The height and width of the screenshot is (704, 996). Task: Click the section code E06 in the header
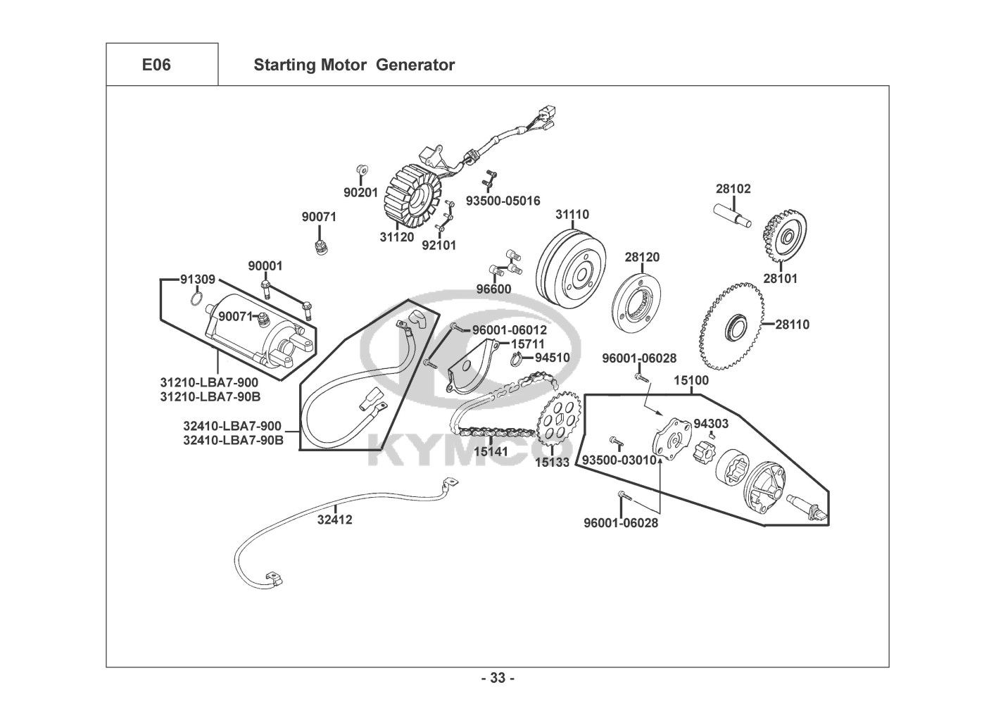click(156, 65)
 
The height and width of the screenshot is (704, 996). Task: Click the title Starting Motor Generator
click(353, 65)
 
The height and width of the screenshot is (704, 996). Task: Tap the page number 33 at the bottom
click(497, 679)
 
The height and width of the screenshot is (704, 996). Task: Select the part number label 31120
click(397, 237)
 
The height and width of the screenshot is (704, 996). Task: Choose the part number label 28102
click(733, 189)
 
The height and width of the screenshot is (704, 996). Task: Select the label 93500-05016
click(503, 201)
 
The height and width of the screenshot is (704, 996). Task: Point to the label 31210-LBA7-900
click(209, 382)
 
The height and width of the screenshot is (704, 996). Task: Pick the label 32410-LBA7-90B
click(233, 441)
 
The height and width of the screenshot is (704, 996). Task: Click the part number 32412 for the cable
click(334, 520)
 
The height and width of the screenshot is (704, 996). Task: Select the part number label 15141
click(491, 451)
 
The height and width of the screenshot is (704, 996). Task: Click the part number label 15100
click(691, 380)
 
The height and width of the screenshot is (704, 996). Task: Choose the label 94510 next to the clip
click(552, 357)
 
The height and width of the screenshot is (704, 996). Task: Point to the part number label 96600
click(493, 289)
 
